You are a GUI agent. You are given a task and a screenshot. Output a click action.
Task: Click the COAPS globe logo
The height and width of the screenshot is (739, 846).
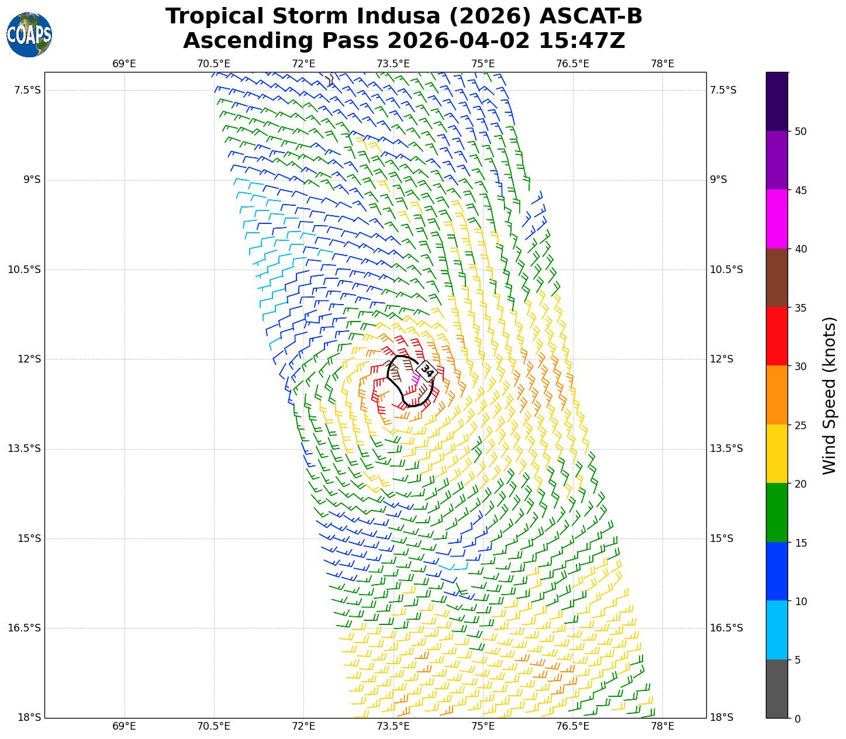[x=29, y=35]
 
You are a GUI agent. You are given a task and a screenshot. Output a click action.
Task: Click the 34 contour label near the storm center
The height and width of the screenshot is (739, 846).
[x=427, y=371]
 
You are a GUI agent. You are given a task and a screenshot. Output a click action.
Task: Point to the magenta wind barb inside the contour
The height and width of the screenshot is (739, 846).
[x=416, y=378]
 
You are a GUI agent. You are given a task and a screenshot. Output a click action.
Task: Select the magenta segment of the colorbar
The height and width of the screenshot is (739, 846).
[x=777, y=219]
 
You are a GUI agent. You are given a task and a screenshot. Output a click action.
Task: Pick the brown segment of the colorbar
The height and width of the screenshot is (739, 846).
[x=777, y=278]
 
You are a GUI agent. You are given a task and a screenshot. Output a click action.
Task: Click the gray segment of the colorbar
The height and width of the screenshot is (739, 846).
[x=777, y=689]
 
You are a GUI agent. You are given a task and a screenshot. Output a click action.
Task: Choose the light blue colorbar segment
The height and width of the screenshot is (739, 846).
[x=777, y=630]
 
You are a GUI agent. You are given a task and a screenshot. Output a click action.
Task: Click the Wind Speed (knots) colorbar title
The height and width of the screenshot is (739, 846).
[x=829, y=395]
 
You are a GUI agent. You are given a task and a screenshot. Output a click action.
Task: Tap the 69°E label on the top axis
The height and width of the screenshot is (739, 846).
[x=124, y=64]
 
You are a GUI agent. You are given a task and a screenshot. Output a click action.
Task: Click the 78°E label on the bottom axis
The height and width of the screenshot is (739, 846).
[x=662, y=726]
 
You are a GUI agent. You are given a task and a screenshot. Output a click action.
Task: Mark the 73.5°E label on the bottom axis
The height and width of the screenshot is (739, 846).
[x=393, y=726]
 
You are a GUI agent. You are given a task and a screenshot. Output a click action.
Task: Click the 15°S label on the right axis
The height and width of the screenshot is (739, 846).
[x=721, y=538]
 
